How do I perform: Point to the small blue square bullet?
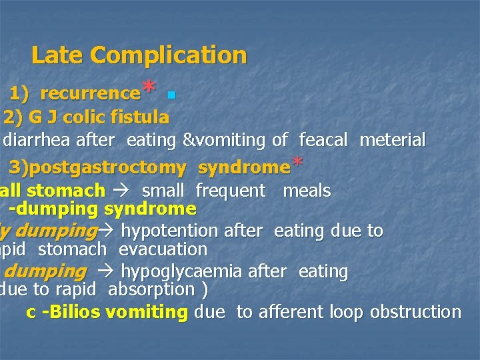click(172, 96)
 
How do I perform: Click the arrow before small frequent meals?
click(123, 191)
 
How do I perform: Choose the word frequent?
click(230, 191)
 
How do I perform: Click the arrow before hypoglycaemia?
click(105, 272)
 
